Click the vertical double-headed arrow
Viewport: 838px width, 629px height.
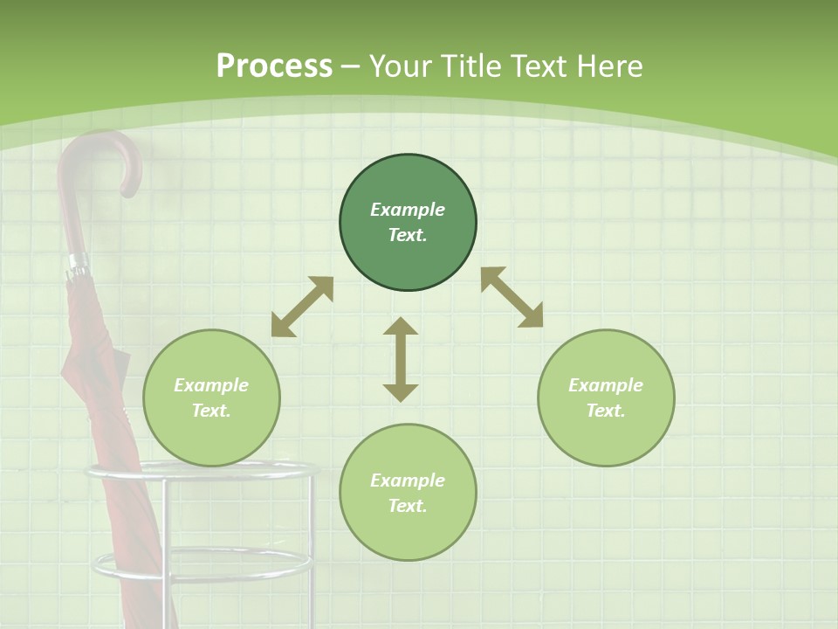click(x=401, y=359)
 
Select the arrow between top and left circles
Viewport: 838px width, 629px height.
click(x=302, y=307)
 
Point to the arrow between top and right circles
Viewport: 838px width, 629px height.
click(x=512, y=297)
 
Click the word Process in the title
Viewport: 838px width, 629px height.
click(x=274, y=66)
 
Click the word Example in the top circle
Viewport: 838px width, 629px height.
click(x=408, y=210)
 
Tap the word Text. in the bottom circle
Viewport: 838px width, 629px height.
click(x=408, y=506)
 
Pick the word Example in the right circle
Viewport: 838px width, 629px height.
click(x=606, y=385)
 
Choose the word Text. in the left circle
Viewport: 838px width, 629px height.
click(x=211, y=411)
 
